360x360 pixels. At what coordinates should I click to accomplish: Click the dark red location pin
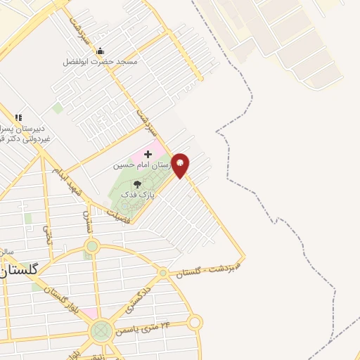click(181, 165)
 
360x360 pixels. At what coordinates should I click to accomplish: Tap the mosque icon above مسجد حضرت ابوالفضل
click(100, 51)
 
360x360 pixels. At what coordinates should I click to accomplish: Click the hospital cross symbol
click(148, 153)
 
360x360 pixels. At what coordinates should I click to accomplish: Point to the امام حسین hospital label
click(143, 165)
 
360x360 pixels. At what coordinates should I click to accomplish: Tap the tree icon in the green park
click(136, 184)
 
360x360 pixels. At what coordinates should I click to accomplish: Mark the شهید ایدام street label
click(66, 184)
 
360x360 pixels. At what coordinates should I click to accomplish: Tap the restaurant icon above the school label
click(18, 117)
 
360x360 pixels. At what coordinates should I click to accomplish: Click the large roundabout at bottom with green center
click(102, 330)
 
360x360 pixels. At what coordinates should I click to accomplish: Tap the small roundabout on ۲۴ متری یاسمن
click(195, 323)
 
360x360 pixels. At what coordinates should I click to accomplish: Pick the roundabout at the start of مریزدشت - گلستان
click(163, 272)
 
